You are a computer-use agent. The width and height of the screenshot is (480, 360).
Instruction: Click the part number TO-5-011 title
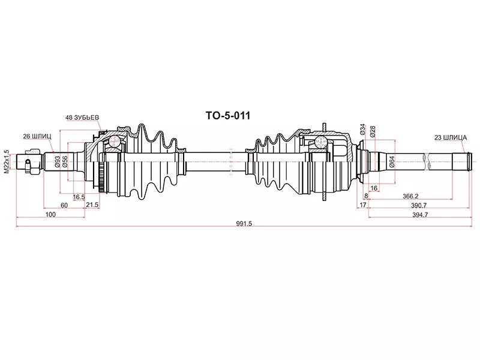point(227,116)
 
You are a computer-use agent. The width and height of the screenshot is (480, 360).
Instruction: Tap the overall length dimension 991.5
point(244,224)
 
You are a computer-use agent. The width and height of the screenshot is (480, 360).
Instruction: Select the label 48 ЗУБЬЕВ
point(82,118)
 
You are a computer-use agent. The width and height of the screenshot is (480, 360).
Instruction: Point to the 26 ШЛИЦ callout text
point(37,136)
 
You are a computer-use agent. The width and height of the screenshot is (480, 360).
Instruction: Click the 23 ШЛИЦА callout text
point(451,138)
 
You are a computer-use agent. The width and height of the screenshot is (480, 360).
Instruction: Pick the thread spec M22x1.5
point(7,162)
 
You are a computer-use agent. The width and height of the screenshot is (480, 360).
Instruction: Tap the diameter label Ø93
point(57,161)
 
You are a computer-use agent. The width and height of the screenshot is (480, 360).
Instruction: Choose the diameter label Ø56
point(65,161)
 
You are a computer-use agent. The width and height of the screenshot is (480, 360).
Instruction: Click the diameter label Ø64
point(392,161)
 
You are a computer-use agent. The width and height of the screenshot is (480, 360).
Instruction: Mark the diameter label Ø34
point(363,129)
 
